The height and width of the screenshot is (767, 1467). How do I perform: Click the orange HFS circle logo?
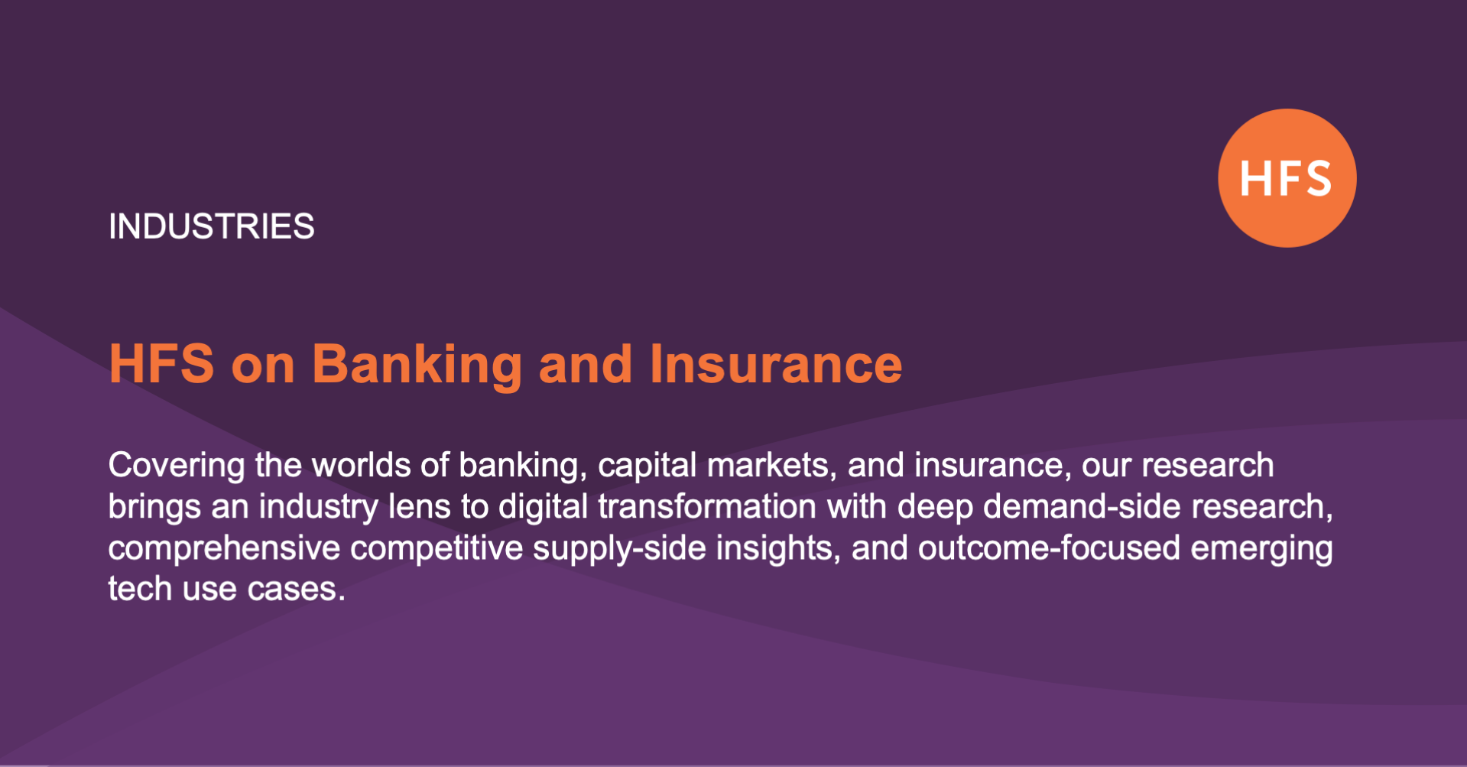pyautogui.click(x=1287, y=178)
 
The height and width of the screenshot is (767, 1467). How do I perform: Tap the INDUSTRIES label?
pyautogui.click(x=212, y=226)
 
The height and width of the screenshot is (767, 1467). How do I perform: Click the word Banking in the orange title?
pyautogui.click(x=417, y=364)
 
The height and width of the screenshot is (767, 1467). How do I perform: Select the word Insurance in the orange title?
pyautogui.click(x=775, y=364)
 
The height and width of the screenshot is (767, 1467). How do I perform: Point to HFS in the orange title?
pyautogui.click(x=161, y=364)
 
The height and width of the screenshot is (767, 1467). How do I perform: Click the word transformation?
pyautogui.click(x=707, y=506)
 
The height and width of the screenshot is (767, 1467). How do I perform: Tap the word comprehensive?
pyautogui.click(x=224, y=548)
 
